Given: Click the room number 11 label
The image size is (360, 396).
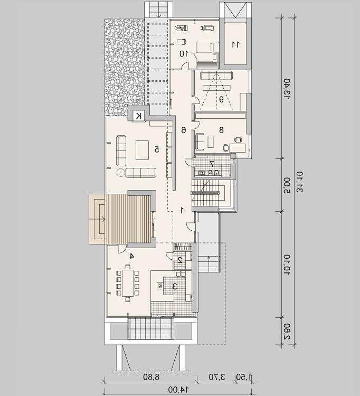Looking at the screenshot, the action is [235, 44].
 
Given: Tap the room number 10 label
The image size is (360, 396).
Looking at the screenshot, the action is [184, 53].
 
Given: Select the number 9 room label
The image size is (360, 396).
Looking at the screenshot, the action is [221, 99].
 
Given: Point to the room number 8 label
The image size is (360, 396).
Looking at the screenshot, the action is [221, 130].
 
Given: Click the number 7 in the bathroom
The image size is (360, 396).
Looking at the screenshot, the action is [212, 164].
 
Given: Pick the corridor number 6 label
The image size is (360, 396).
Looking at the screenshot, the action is [184, 130].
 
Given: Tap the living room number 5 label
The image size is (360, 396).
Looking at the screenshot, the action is [157, 149].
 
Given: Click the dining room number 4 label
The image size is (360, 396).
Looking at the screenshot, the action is [131, 256].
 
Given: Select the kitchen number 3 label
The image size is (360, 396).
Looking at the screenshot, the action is [175, 286].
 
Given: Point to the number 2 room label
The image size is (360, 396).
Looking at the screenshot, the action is [180, 260].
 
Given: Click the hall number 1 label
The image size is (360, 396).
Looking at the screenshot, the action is [182, 210].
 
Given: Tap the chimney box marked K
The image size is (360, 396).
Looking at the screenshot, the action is [138, 116].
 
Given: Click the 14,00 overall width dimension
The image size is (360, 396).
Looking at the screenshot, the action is [178, 390].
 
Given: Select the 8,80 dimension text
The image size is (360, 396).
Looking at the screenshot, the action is [151, 378].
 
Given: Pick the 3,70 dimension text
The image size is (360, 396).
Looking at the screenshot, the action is [216, 378].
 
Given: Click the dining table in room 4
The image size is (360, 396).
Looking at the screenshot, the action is [128, 283].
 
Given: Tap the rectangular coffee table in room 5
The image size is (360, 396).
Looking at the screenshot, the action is [142, 150].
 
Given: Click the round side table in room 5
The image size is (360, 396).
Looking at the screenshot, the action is [121, 173].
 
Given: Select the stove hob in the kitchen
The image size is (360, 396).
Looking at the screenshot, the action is [160, 286].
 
